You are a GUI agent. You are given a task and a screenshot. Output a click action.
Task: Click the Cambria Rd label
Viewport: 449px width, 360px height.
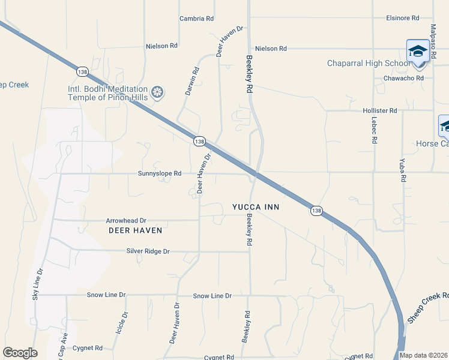(x=196, y=19)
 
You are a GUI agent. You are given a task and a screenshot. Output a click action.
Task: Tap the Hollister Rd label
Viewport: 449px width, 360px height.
(x=380, y=111)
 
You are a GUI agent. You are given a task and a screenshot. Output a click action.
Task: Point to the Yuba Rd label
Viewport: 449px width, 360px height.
(x=403, y=170)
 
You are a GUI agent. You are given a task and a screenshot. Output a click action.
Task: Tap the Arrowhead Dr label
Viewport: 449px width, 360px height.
(x=126, y=221)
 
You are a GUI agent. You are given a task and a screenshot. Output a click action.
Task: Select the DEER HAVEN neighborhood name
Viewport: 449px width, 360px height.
(x=135, y=230)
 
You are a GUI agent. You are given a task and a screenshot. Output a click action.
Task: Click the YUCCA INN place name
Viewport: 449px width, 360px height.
(x=256, y=207)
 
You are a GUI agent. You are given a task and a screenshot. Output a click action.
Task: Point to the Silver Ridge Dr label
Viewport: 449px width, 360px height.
(x=149, y=251)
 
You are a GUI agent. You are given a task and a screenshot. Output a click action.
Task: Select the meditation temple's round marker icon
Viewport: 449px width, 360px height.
(x=157, y=92)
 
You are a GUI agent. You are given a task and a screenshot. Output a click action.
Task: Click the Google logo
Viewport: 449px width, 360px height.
(x=20, y=353)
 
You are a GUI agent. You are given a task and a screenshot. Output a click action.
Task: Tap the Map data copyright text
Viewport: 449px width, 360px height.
(x=424, y=355)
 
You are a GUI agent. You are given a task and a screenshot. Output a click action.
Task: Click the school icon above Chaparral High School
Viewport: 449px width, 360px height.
(x=418, y=51)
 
